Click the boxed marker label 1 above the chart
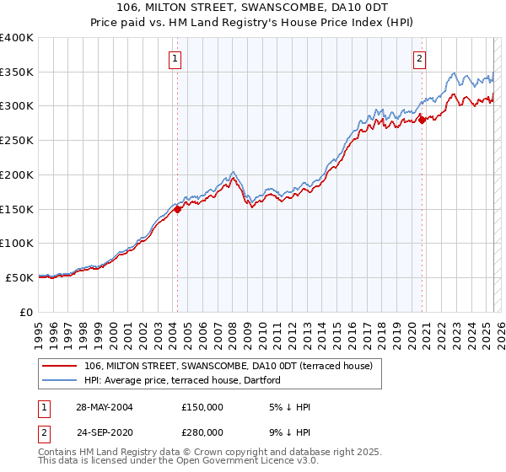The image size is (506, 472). (175, 58)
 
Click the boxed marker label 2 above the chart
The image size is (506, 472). (419, 58)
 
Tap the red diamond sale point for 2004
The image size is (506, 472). (178, 210)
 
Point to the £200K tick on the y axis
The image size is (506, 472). (17, 174)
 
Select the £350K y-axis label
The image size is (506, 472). (17, 72)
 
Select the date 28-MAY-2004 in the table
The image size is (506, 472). (103, 407)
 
